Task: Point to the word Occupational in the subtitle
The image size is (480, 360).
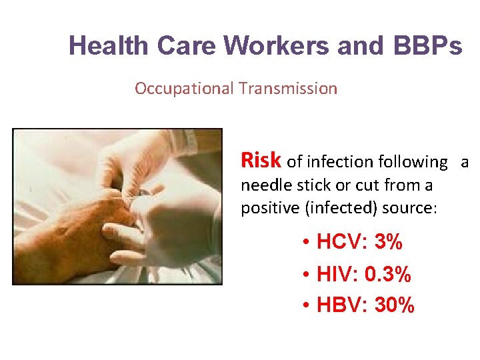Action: coord(183,88)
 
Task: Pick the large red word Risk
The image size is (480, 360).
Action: coord(262,161)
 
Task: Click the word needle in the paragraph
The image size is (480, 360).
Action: coord(263,185)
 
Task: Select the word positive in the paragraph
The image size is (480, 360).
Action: coord(270,207)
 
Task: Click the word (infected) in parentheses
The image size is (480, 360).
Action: coord(339,207)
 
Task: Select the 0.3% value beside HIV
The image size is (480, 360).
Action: coord(387,274)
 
